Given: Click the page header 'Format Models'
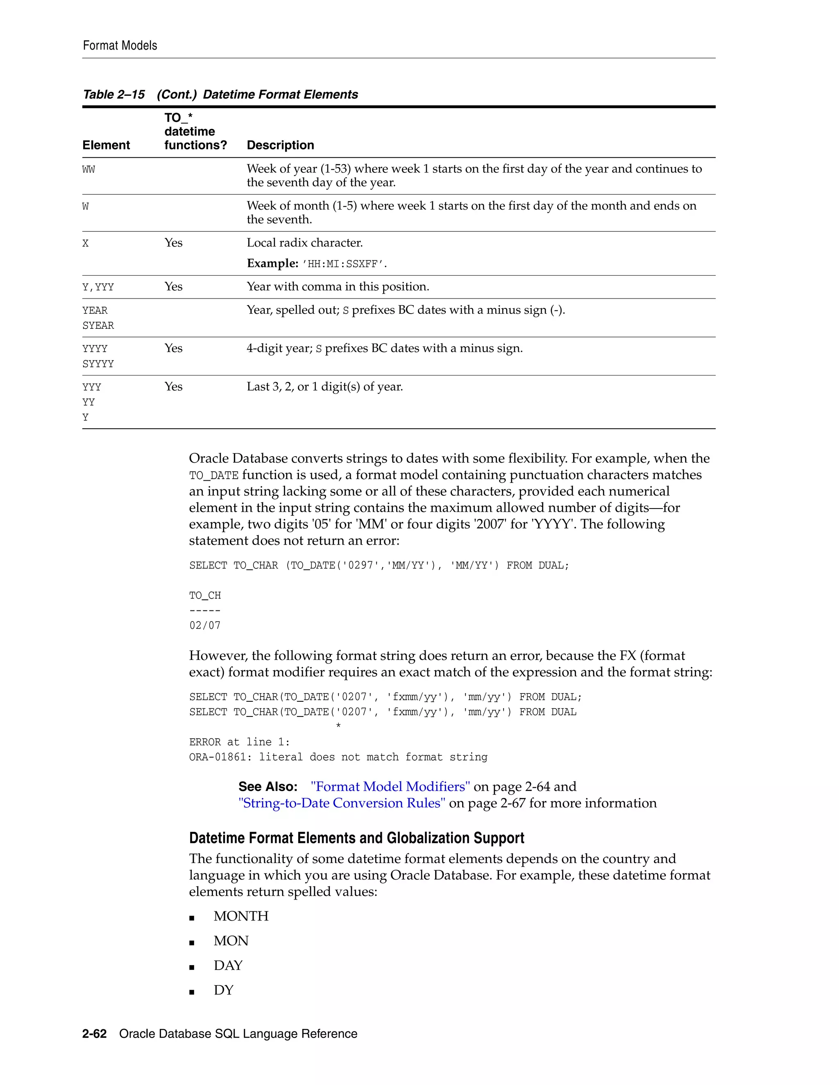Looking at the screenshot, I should (x=120, y=46).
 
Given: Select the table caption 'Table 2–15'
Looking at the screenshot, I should (x=114, y=95).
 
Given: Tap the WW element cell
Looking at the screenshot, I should (x=88, y=170).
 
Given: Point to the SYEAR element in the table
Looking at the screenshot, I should (x=98, y=325).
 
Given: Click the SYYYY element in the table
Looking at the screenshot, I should (x=98, y=364).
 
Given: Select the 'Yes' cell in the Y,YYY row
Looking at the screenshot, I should (x=173, y=287).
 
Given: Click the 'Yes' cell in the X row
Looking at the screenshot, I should (x=173, y=243).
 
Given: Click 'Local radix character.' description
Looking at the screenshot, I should (x=305, y=243).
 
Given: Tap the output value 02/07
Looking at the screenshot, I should (x=205, y=626).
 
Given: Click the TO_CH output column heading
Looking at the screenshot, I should (x=205, y=595).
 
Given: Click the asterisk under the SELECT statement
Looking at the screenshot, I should (x=338, y=726).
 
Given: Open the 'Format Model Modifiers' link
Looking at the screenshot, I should (x=390, y=787).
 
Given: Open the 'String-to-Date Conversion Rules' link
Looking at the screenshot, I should (x=342, y=803).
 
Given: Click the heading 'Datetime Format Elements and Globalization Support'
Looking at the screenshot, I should (x=356, y=838).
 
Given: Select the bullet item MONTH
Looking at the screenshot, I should (x=241, y=916).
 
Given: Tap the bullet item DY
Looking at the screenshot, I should (x=224, y=990).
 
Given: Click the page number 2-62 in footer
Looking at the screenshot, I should (x=95, y=1034).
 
